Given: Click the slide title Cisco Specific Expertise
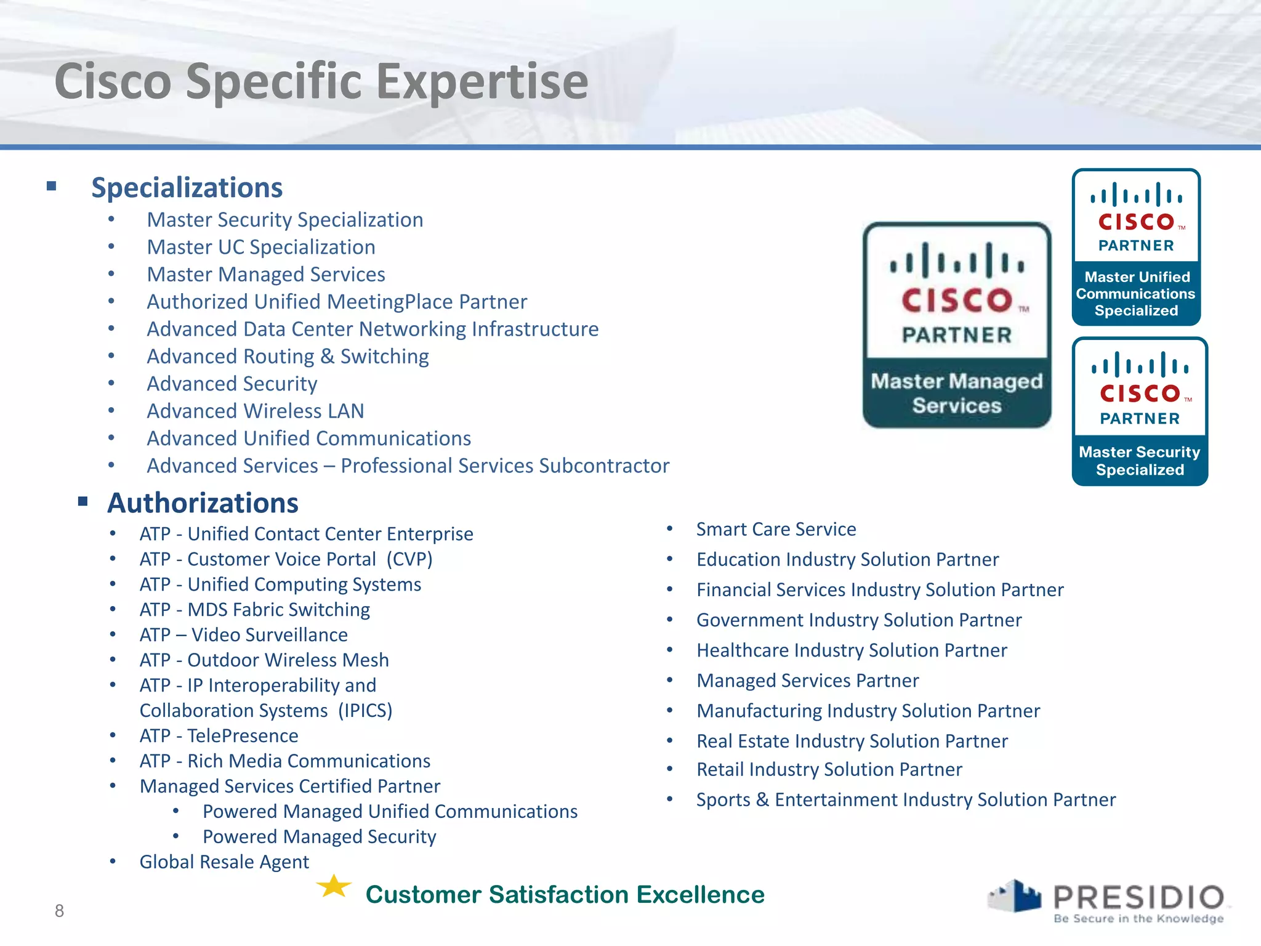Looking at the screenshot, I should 321,81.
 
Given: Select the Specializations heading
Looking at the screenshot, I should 187,188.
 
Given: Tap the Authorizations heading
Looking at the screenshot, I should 203,503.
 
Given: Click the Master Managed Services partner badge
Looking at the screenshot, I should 956,325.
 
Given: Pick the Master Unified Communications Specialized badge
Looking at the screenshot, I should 1136,247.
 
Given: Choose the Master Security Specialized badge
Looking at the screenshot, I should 1140,411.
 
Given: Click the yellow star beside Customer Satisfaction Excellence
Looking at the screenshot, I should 334,887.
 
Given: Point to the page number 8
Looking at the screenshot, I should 59,911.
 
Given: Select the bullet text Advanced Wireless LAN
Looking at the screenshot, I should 255,411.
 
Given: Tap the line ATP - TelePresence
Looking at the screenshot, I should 219,736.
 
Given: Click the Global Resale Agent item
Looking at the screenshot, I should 224,862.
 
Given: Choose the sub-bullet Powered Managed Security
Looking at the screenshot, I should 319,837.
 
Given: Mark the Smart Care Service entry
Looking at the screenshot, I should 776,530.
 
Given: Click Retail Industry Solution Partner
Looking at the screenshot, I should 829,770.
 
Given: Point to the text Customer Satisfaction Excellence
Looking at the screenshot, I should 565,895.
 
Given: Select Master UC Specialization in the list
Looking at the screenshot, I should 260,247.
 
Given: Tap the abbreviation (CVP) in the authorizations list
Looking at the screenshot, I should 409,559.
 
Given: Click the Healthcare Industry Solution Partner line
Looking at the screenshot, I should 852,650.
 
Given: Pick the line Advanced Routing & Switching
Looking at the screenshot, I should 288,357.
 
